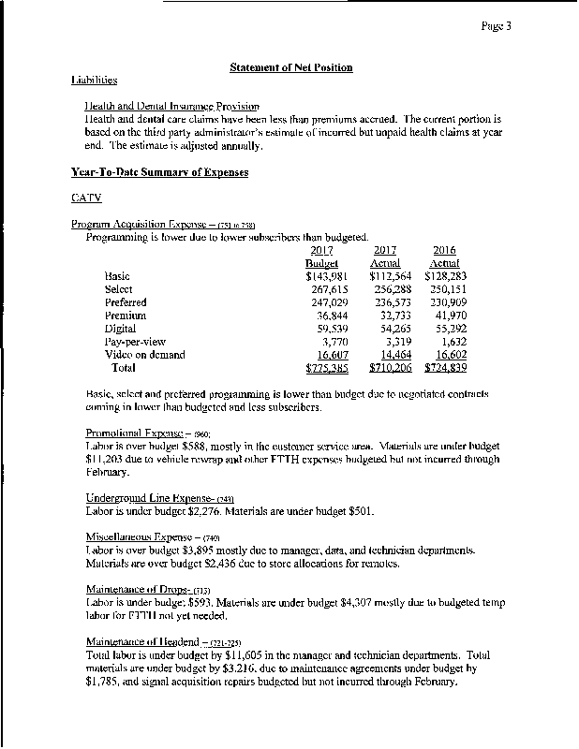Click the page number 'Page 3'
pos(497,26)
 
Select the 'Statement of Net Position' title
pos(290,67)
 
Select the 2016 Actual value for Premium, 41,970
pos(450,316)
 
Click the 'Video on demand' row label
pos(145,355)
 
